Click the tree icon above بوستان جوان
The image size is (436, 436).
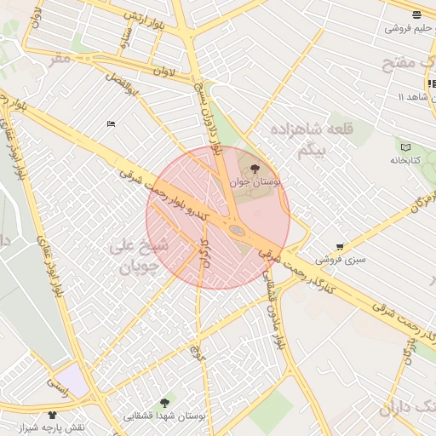(255, 169)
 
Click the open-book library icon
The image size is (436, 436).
(405, 147)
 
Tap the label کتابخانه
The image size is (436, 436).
(405, 160)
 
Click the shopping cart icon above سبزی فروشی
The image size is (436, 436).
(340, 246)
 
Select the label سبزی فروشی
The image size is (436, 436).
(340, 259)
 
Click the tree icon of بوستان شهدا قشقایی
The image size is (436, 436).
(164, 403)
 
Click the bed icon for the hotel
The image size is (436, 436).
(111, 124)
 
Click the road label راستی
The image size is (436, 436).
(59, 385)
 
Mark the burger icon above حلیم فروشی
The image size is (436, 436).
(416, 14)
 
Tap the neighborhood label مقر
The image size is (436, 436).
(60, 58)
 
